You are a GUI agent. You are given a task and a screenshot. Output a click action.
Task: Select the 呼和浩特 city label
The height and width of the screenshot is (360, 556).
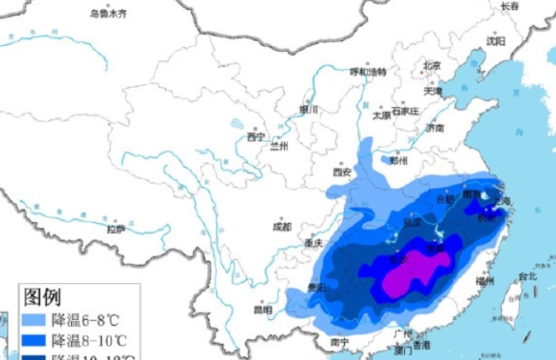pos(368,71)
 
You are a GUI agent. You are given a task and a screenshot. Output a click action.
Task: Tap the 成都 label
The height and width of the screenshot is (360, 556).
pos(282,226)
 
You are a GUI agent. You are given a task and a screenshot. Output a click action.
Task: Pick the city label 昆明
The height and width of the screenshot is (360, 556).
pos(262,310)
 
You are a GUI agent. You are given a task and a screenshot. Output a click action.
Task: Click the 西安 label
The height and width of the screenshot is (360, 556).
pos(342,172)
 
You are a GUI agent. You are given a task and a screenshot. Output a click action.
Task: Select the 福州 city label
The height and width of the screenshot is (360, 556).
pos(484,281)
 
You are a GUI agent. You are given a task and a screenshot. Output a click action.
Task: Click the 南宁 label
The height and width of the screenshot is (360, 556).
pos(339,342)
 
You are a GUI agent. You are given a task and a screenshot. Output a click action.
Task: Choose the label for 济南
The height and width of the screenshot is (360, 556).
pos(435,128)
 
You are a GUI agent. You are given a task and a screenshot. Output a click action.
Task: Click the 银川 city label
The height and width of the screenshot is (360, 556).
pos(310,109)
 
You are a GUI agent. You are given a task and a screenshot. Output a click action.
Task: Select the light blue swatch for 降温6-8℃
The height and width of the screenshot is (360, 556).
pos(33,319)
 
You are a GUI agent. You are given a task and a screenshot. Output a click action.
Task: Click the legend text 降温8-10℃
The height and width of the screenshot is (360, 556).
pos(88,340)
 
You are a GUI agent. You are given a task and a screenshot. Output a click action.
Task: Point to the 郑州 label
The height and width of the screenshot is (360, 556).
pos(398,161)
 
